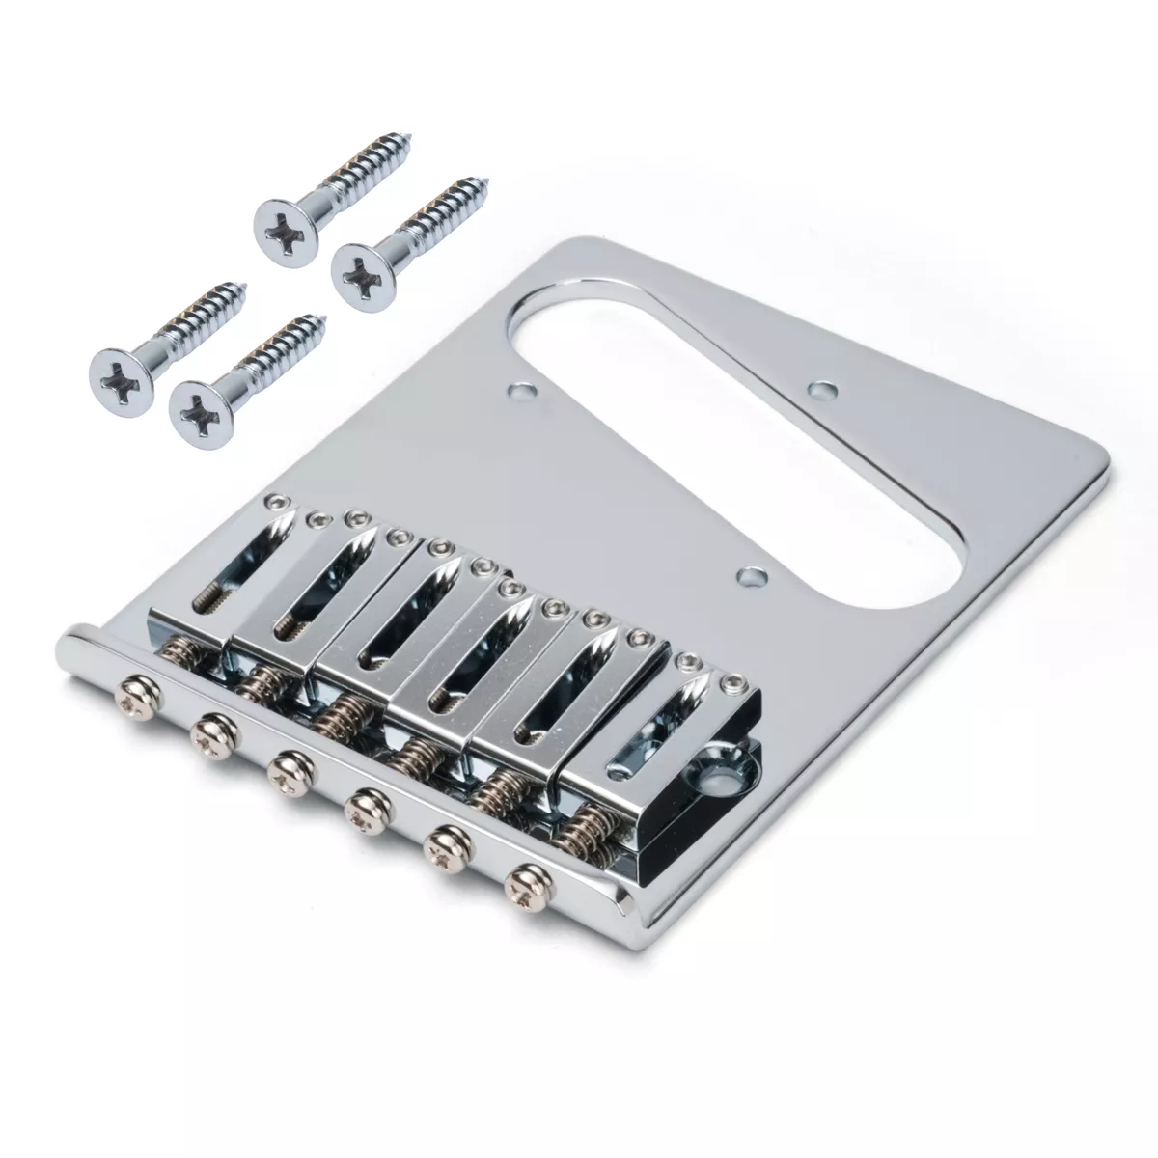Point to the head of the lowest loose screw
(x=196, y=408)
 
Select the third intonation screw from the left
(x=286, y=778)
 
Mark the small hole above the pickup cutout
(x=821, y=390)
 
